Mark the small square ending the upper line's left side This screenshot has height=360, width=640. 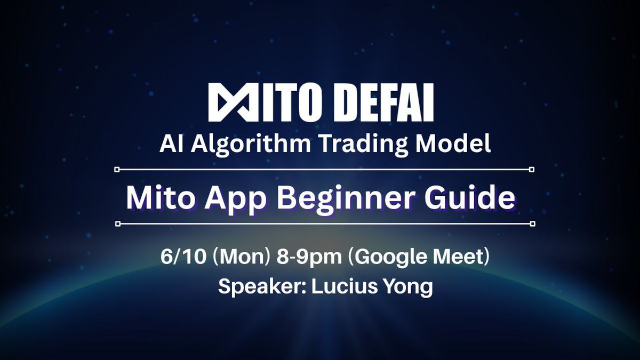[118, 170]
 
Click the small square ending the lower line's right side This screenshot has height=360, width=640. [532, 223]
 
